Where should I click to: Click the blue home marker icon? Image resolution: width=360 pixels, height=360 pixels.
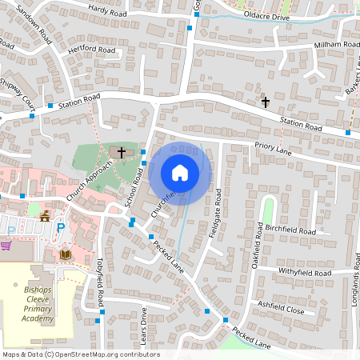point(180,173)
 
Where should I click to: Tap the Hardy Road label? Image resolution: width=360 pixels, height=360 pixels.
point(109,11)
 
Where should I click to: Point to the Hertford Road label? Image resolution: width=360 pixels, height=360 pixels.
point(93,49)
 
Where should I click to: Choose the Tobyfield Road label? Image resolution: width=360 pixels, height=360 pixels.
point(100,284)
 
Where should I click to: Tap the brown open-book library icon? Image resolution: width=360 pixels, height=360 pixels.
point(66,255)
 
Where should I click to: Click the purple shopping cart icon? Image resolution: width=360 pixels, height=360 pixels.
point(6,245)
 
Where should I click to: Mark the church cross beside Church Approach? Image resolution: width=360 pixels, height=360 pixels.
point(122,151)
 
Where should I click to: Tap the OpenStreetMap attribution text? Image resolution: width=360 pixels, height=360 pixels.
point(80,354)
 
